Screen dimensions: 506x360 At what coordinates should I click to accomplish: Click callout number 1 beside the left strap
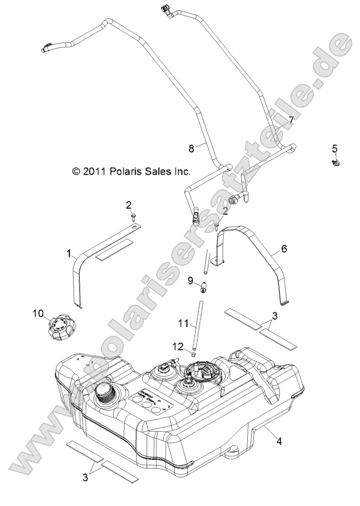pyautogui.click(x=69, y=254)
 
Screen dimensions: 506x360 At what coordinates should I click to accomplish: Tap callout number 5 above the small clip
pyautogui.click(x=334, y=148)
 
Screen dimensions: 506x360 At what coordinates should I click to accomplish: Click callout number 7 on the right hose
pyautogui.click(x=291, y=119)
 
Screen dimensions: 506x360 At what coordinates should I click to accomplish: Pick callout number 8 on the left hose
pyautogui.click(x=192, y=149)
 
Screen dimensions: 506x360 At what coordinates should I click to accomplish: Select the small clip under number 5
pyautogui.click(x=336, y=161)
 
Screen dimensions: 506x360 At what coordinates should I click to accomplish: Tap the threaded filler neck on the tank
pyautogui.click(x=102, y=397)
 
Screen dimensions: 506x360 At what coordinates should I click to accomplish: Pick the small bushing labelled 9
pyautogui.click(x=203, y=289)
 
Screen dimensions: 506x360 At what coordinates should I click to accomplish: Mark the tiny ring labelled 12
pyautogui.click(x=195, y=352)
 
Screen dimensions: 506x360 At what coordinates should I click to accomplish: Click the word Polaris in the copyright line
pyautogui.click(x=127, y=172)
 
